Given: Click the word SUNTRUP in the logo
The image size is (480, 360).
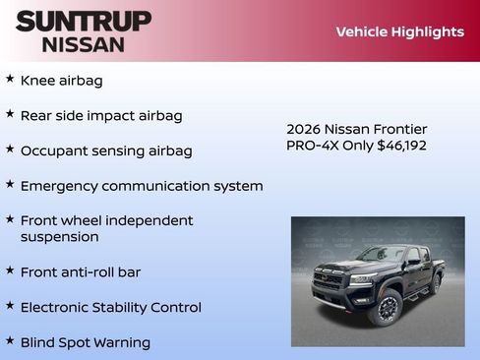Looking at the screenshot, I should tap(83, 21).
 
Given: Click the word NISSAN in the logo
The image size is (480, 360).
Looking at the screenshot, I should tap(83, 44).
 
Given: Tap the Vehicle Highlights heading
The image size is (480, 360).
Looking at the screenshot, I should tap(399, 31).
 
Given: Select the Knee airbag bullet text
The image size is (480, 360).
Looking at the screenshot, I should tap(61, 81).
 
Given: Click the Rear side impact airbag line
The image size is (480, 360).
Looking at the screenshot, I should tap(101, 116).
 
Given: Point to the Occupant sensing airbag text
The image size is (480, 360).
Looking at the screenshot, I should tap(106, 150).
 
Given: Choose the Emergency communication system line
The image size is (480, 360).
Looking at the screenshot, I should tap(142, 186).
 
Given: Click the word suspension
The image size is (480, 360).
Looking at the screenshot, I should tap(59, 237).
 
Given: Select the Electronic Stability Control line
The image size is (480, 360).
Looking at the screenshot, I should tap(110, 307).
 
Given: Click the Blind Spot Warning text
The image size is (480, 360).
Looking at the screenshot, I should tap(86, 342).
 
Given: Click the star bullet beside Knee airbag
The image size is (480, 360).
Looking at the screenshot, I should tap(10, 79).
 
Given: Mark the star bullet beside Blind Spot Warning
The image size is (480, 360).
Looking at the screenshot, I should tap(10, 340).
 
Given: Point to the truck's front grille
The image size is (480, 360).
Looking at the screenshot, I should tap(329, 279).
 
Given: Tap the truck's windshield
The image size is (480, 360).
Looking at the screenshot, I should tap(380, 255).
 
